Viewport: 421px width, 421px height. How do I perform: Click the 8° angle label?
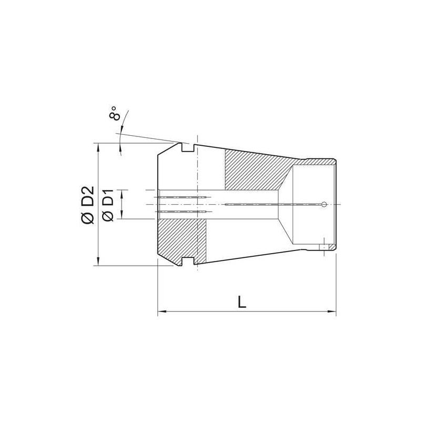tap(116, 113)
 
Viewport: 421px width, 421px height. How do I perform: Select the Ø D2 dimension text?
tap(88, 205)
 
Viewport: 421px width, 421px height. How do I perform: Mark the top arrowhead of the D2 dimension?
tap(98, 146)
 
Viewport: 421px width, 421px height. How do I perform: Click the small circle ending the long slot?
tap(325, 204)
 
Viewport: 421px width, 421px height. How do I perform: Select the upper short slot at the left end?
tap(182, 198)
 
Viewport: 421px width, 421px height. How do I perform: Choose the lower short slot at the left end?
tap(182, 212)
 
